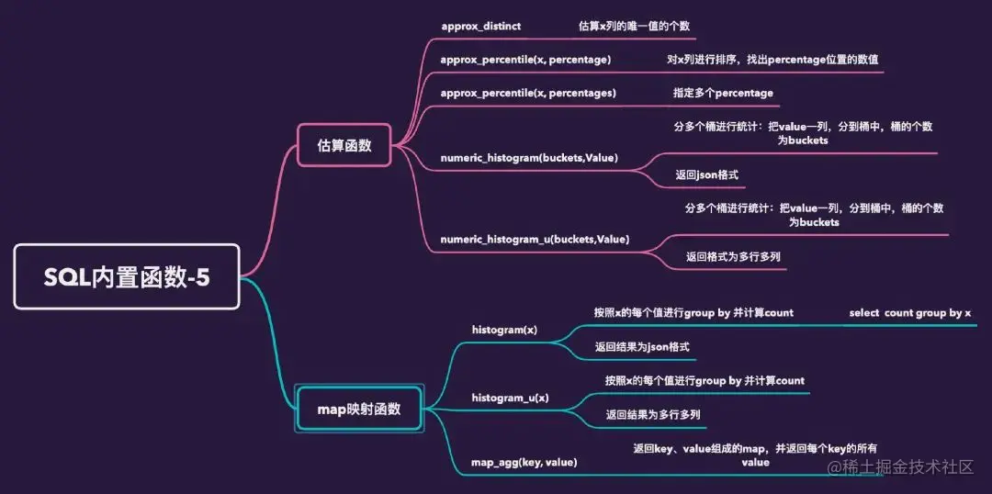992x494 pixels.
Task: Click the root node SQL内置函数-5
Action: click(127, 276)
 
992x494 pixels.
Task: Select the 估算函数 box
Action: click(344, 145)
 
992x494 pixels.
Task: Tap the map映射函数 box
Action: click(359, 409)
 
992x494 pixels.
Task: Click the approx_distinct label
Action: click(480, 27)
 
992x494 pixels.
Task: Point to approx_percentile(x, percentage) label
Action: click(525, 60)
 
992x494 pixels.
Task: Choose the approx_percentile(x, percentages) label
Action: click(528, 93)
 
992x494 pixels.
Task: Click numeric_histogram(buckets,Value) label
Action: click(529, 158)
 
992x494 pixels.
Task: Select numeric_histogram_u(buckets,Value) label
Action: click(535, 240)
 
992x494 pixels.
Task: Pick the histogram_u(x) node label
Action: click(510, 398)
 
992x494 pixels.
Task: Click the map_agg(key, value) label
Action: click(524, 462)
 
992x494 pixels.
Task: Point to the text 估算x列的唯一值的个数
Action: click(634, 27)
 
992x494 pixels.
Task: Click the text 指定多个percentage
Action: click(723, 93)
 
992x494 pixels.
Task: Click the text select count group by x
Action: click(909, 313)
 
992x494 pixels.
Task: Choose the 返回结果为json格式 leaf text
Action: click(641, 347)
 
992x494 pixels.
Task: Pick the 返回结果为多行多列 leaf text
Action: click(652, 415)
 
